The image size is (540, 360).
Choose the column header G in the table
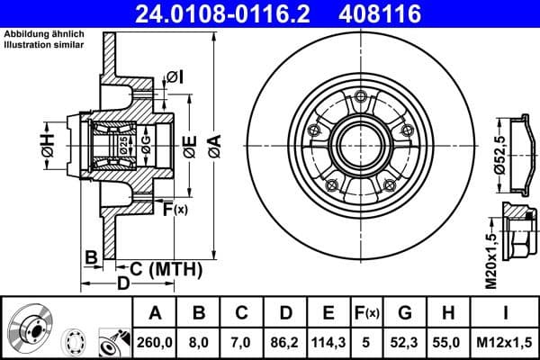click(x=404, y=313)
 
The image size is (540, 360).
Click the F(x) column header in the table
click(x=367, y=313)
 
